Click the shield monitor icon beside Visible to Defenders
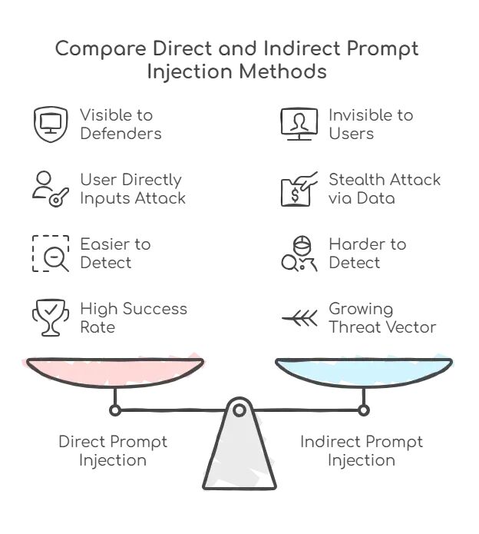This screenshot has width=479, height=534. click(x=51, y=124)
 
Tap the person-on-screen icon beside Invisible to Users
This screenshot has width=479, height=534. click(x=299, y=124)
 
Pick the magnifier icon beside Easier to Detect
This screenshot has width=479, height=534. click(x=51, y=254)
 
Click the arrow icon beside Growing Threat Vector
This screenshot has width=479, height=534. click(x=299, y=318)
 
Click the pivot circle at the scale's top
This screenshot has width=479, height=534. click(x=240, y=410)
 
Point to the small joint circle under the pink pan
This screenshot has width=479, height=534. click(x=115, y=410)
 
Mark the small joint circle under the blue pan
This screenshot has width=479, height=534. click(x=364, y=410)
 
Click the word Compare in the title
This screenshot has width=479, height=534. click(x=98, y=49)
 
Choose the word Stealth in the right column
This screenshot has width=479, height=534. click(x=358, y=180)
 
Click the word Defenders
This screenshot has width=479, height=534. click(x=121, y=134)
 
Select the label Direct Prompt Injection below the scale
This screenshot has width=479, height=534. click(x=113, y=451)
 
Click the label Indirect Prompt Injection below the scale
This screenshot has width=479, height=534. click(x=362, y=451)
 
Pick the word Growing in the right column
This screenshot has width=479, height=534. click(x=361, y=309)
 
